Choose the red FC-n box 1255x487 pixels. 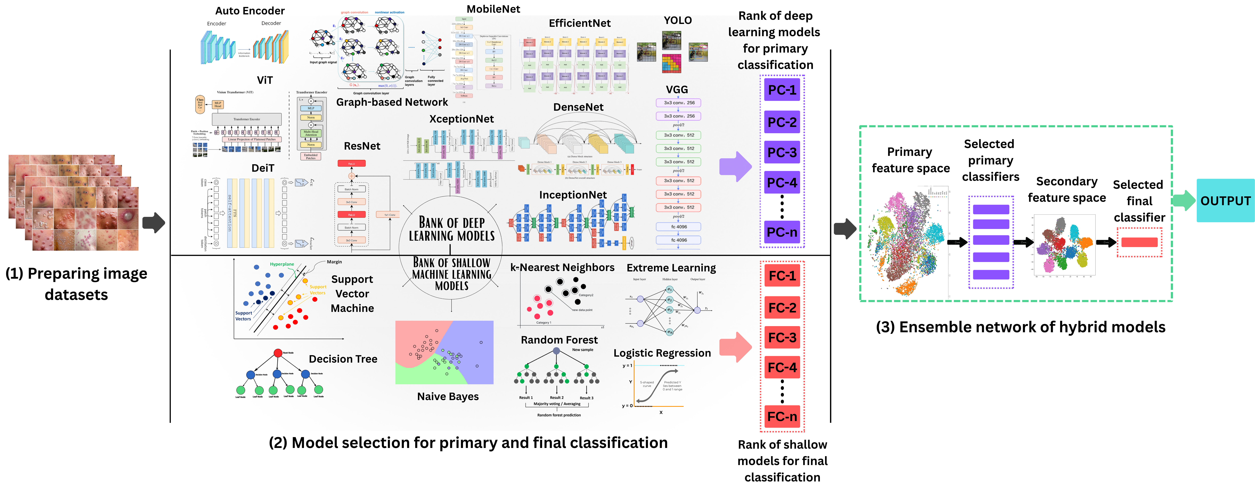tap(782, 417)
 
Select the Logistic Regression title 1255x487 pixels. tap(662, 353)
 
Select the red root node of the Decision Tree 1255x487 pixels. tap(278, 352)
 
